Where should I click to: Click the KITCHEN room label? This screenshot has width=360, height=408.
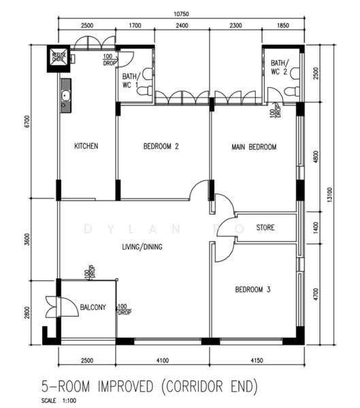tap(86, 146)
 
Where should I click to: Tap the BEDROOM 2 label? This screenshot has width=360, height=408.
tap(161, 146)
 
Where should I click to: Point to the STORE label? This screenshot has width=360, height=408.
tap(265, 227)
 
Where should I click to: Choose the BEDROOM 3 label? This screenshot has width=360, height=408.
tap(252, 290)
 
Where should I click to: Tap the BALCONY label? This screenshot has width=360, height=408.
tap(93, 307)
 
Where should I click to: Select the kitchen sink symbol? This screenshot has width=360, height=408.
tap(65, 97)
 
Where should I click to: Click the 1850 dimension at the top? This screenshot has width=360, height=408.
tap(283, 26)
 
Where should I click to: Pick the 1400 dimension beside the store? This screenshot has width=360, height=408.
tap(315, 226)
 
